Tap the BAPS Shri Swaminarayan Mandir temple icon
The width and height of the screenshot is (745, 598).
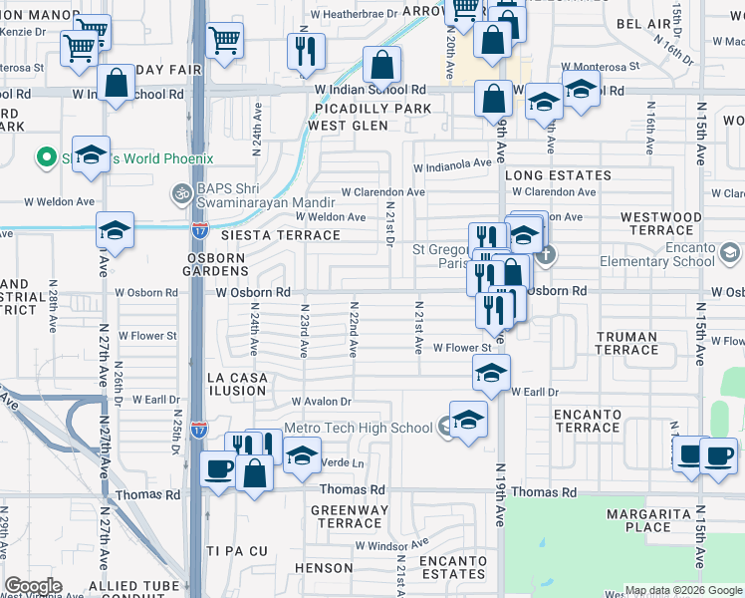coord(181,192)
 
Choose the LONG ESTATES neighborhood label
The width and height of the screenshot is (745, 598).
coord(549,175)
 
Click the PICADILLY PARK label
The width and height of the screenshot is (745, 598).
coord(369,109)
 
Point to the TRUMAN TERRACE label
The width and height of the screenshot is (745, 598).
coord(626,344)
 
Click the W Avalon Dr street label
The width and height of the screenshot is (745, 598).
coord(321,402)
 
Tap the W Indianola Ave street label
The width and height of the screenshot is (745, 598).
coord(452,163)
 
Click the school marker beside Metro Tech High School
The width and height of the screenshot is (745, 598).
coord(467,419)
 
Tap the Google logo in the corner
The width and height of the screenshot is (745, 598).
coord(34,586)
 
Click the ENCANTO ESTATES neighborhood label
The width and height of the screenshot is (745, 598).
coord(452,567)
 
